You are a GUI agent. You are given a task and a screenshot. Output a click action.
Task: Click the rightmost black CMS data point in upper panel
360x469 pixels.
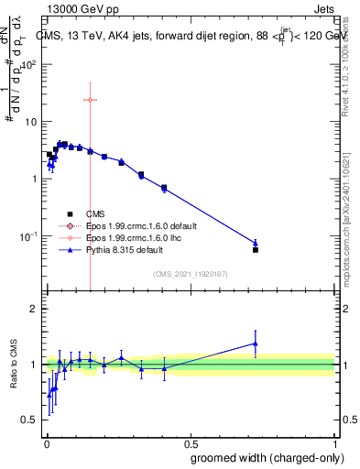pyautogui.click(x=256, y=249)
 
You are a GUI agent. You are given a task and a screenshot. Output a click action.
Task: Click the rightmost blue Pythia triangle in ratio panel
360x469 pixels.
pyautogui.click(x=256, y=344)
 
